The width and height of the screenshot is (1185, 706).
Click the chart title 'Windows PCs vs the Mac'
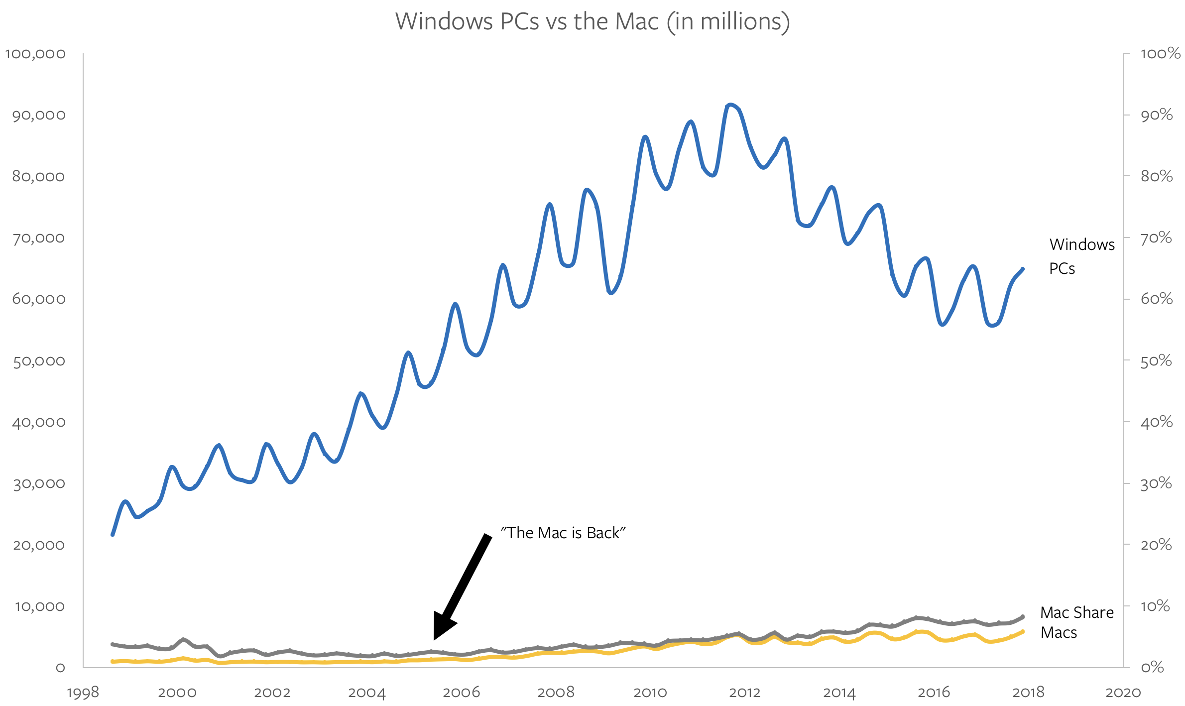point(592,22)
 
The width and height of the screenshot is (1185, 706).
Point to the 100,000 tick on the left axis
point(35,54)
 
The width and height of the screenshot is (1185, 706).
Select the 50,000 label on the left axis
point(39,361)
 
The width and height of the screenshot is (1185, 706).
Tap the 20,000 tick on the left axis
point(39,545)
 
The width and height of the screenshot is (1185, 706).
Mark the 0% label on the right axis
point(1152,667)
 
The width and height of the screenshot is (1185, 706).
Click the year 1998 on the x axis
point(83,693)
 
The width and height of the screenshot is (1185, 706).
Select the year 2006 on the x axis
point(462,693)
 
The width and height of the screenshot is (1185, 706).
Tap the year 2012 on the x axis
point(745,693)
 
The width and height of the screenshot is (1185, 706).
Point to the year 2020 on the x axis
point(1123,693)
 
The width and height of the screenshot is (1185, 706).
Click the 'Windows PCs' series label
point(1081,256)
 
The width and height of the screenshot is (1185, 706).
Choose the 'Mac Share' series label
point(1077,612)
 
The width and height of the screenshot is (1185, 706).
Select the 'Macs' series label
point(1059,633)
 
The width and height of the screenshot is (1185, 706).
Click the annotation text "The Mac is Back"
point(563,533)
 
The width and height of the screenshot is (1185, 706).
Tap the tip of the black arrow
point(435,639)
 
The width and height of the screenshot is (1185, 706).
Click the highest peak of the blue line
point(730,105)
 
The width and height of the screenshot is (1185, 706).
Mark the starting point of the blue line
point(113,535)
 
